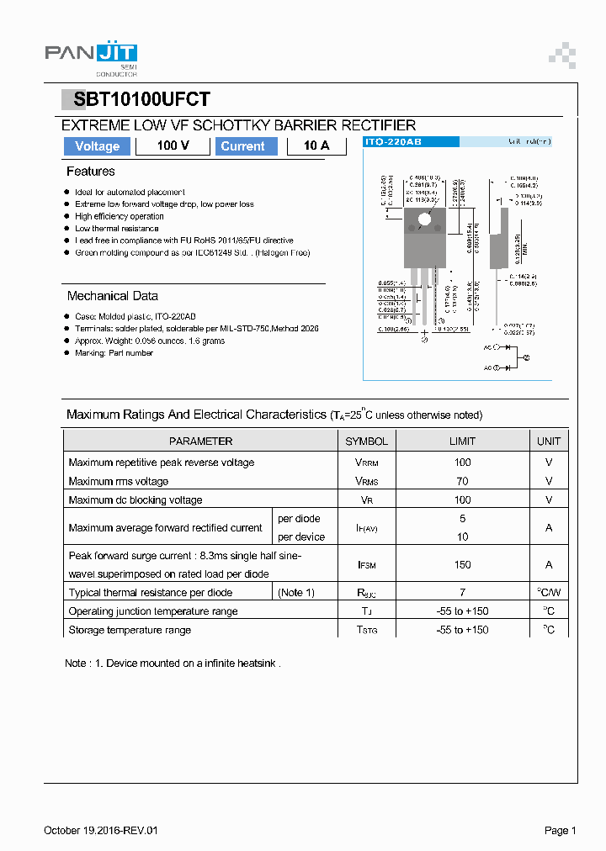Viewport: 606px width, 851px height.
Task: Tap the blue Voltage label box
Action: click(x=98, y=146)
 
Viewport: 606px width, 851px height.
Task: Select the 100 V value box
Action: click(x=173, y=146)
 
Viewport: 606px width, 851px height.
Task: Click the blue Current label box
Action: click(x=242, y=146)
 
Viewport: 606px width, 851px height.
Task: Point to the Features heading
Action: click(x=91, y=172)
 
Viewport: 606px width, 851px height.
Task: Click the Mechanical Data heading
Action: click(x=113, y=296)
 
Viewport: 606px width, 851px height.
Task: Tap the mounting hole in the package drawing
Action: click(x=424, y=220)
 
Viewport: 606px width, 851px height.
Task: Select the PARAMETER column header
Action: click(x=200, y=441)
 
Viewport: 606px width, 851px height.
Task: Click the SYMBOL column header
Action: click(x=367, y=441)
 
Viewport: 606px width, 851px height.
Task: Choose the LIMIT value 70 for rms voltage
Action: click(x=462, y=481)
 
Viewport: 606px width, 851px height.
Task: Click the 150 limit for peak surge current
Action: click(x=462, y=565)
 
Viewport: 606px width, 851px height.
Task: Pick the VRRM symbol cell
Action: click(x=367, y=462)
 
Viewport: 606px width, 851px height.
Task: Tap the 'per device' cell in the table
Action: click(x=301, y=536)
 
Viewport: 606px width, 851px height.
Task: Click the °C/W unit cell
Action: click(x=549, y=593)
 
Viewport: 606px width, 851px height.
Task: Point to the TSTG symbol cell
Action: click(x=367, y=630)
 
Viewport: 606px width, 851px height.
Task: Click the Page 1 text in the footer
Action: click(x=560, y=831)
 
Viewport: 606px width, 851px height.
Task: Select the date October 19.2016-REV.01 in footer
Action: click(x=101, y=831)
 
